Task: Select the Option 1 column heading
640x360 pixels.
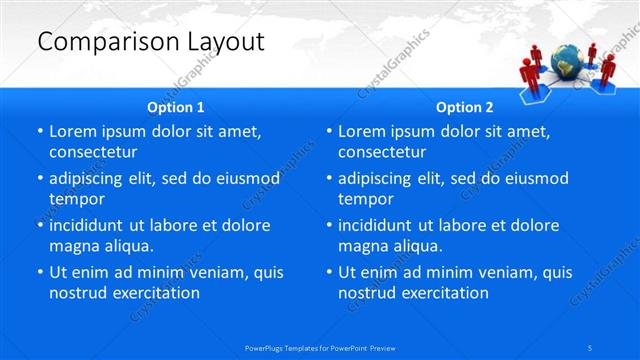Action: (x=176, y=107)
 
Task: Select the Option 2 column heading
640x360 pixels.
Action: (x=465, y=107)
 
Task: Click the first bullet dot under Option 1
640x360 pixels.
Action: (x=40, y=132)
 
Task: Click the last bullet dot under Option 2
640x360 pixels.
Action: (x=329, y=272)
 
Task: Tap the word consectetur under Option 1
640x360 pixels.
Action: (x=93, y=152)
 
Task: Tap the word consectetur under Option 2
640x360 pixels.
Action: (x=382, y=152)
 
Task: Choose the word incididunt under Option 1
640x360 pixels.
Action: (x=90, y=225)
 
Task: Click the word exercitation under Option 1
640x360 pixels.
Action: (x=156, y=292)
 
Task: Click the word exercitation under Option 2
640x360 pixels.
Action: (x=445, y=292)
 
